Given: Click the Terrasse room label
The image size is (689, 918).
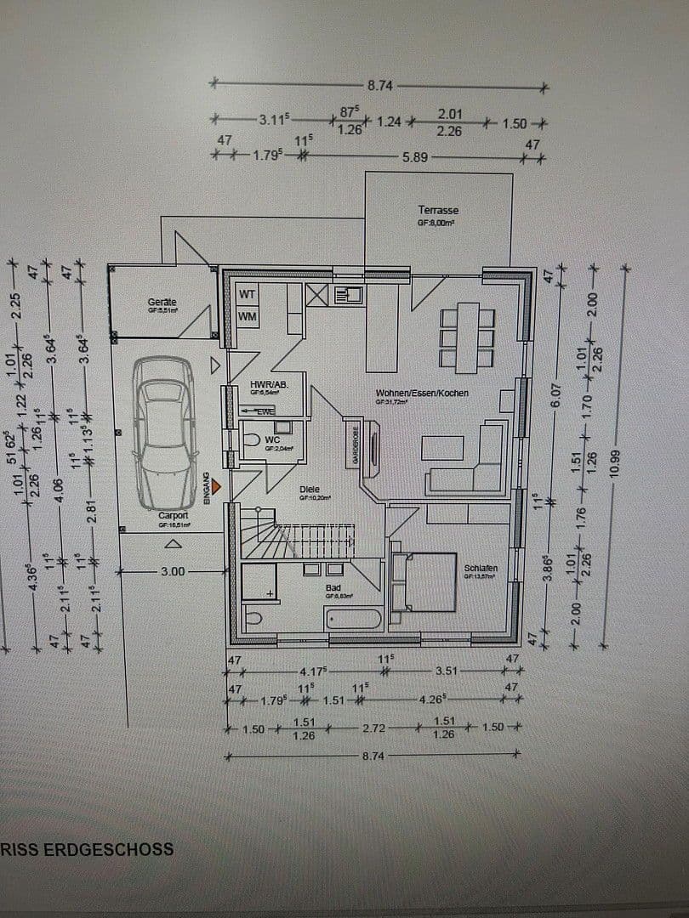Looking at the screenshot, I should (x=438, y=210).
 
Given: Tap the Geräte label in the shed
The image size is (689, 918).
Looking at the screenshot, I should (x=162, y=302).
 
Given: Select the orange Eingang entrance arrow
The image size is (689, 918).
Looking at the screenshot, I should (x=218, y=486).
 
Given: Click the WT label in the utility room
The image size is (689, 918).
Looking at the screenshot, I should (x=247, y=294).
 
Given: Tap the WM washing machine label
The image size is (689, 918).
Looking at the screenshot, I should (x=247, y=317).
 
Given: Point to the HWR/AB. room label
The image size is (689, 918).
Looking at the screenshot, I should (x=269, y=385).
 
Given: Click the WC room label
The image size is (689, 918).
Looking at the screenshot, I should (x=271, y=439).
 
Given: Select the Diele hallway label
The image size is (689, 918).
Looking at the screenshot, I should (x=309, y=490).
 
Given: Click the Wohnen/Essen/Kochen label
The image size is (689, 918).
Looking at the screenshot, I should (x=422, y=394).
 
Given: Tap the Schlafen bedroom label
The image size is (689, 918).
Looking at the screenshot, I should (x=481, y=568).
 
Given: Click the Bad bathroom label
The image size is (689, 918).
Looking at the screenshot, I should (x=333, y=587).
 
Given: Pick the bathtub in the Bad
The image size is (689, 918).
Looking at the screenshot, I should (x=352, y=616).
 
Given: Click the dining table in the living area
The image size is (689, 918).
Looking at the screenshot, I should (x=467, y=337).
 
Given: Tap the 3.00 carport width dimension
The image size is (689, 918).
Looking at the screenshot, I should (x=172, y=572).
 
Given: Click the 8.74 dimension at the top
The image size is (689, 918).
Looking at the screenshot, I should (x=379, y=86).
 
